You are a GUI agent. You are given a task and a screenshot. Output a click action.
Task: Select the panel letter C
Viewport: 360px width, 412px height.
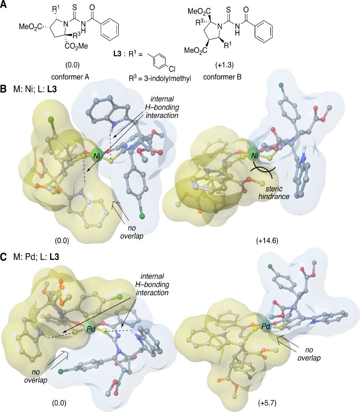(x=4, y=257)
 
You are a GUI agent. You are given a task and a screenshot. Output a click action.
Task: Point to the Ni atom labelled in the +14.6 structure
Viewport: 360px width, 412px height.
(x=253, y=154)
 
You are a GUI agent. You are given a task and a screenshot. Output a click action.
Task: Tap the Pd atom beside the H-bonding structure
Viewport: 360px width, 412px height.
(x=91, y=329)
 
